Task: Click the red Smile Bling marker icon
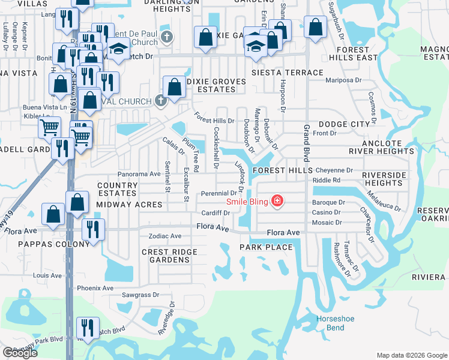coord(277,200)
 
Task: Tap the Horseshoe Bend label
coord(331,323)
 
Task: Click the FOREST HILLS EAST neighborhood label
coord(358,53)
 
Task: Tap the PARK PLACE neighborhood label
coord(266,247)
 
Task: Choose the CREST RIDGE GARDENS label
coord(165,256)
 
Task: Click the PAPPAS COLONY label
coord(38,244)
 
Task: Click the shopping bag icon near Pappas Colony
coord(53,214)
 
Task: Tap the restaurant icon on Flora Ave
coord(93,229)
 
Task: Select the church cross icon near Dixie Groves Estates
coord(160,100)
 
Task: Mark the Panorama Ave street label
coord(139,173)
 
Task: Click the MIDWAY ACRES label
coord(129,205)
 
